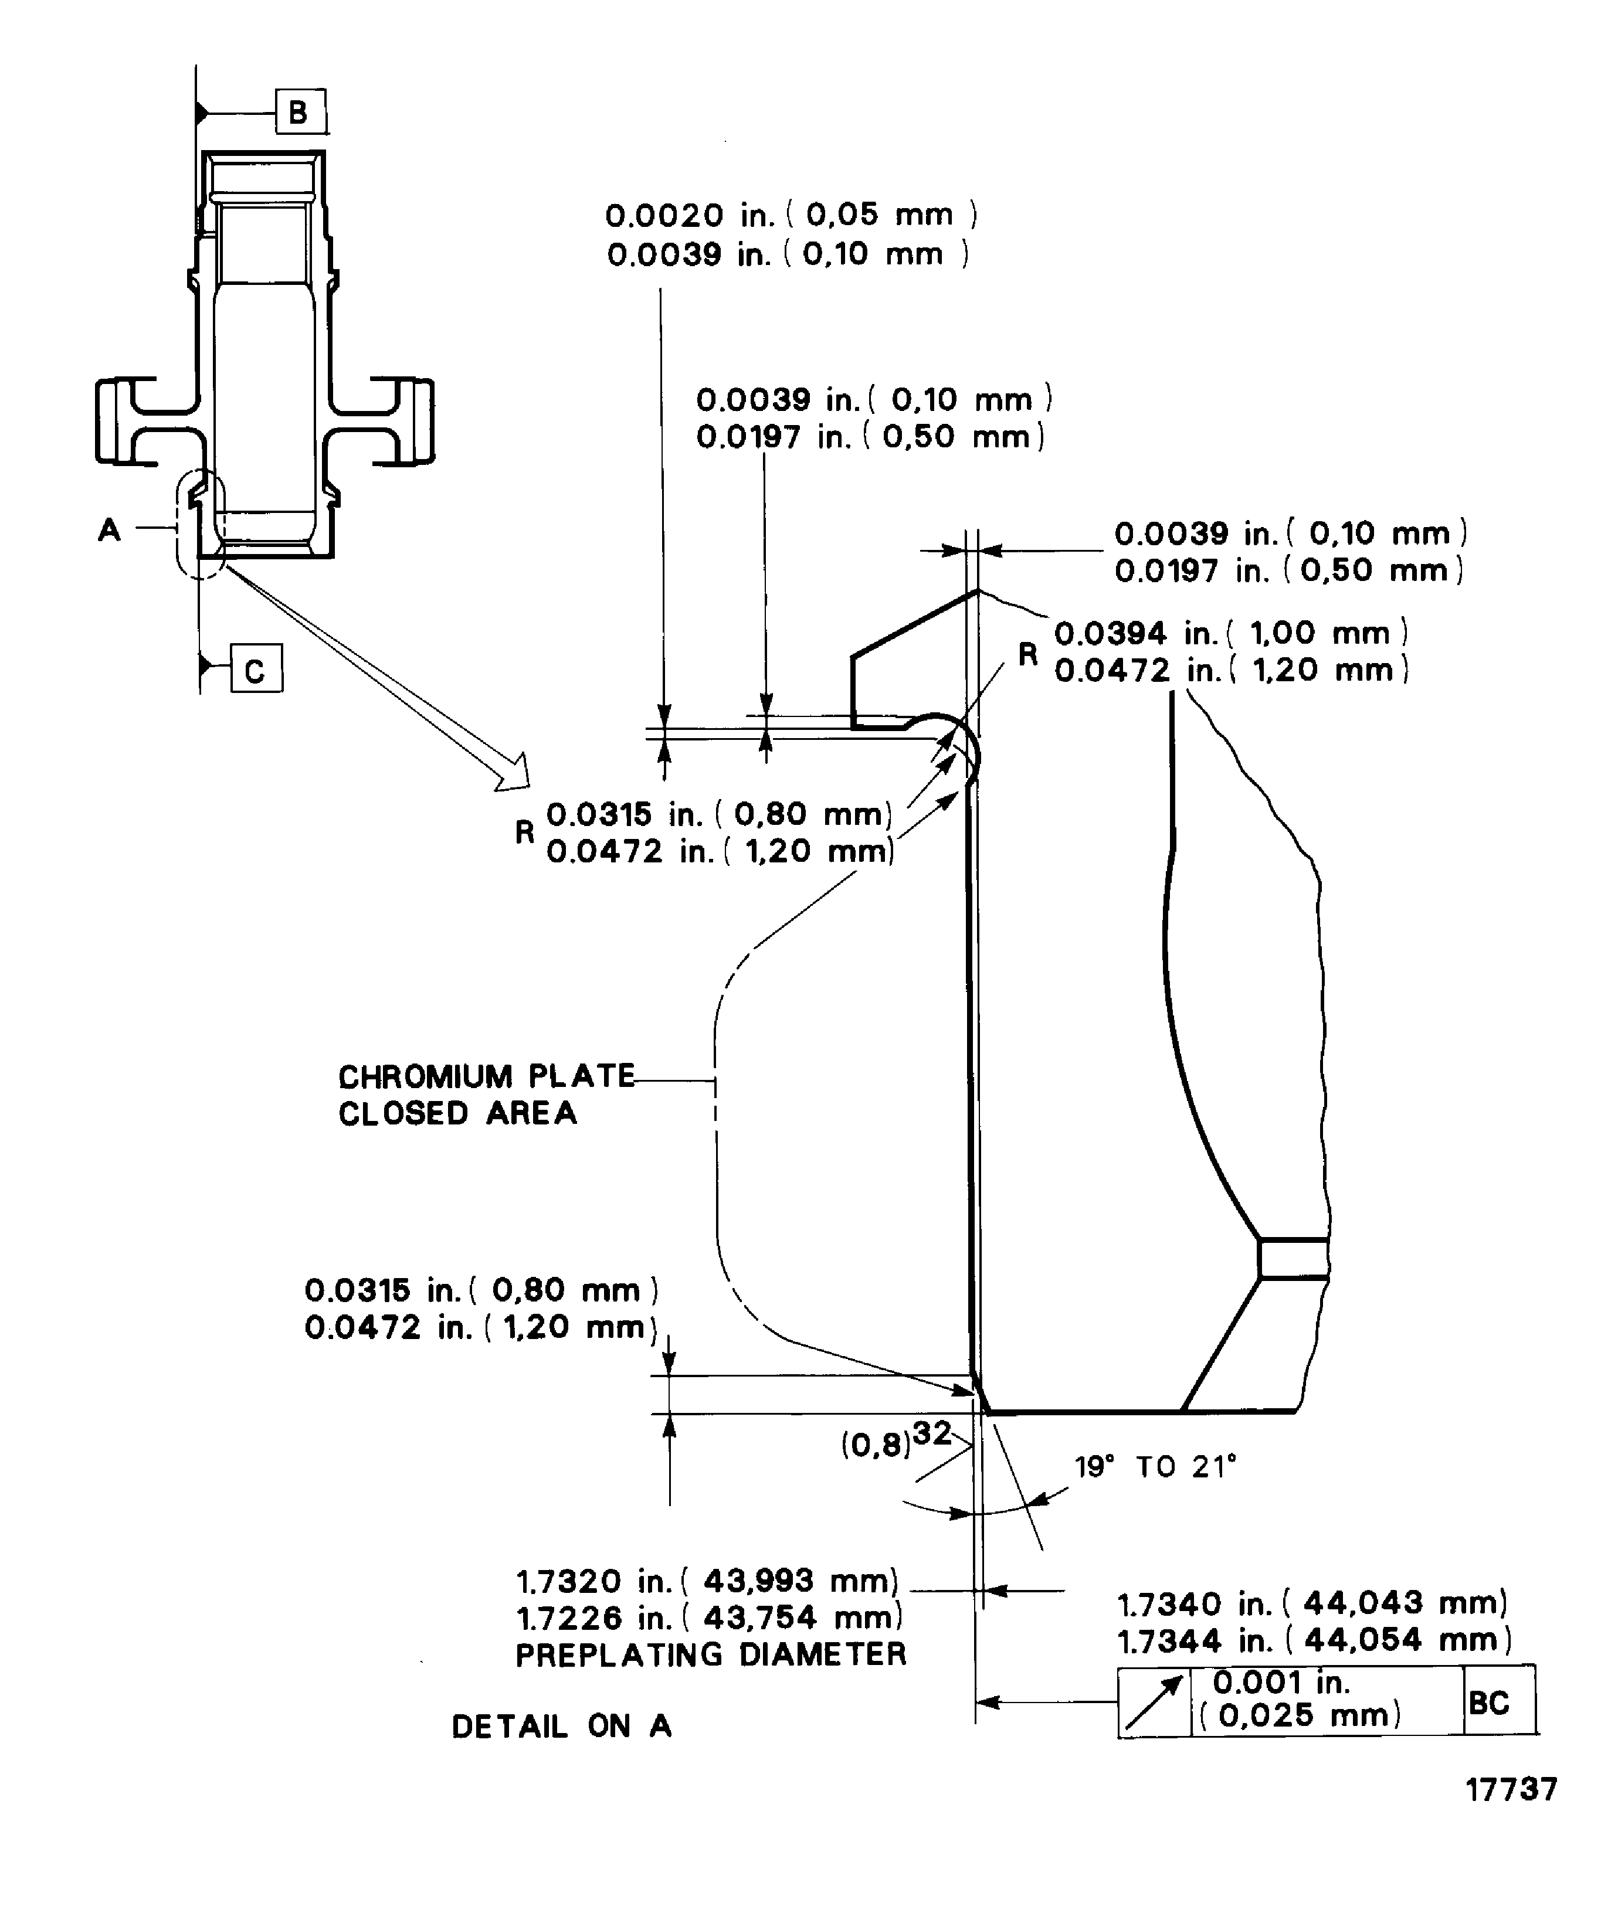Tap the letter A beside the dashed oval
109,529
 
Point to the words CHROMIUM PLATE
486,1076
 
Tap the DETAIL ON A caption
561,1726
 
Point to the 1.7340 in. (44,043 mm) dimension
1312,1603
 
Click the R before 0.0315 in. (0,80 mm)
524,832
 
